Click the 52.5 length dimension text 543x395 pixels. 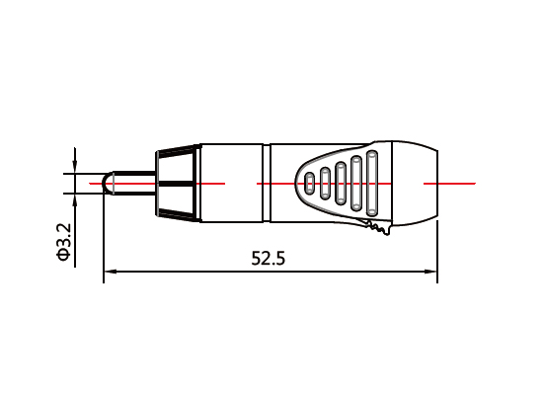268,259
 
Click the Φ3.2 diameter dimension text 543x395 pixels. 63,242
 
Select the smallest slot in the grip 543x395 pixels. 309,183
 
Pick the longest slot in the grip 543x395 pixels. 372,183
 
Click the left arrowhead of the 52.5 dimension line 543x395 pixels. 109,272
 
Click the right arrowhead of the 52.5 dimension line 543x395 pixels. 431,272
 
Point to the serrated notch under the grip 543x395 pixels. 376,230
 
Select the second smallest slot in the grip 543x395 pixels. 324,183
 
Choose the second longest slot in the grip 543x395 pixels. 356,183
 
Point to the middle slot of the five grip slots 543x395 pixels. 340,183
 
